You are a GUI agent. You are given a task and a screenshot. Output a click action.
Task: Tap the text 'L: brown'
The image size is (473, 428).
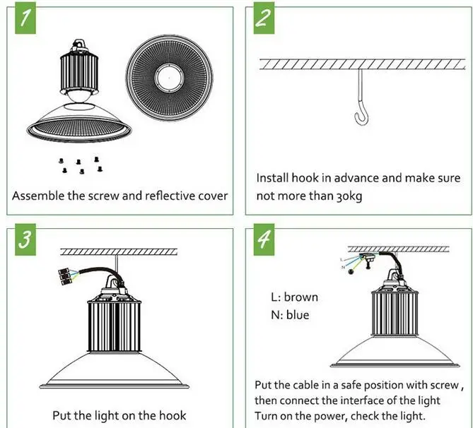click(x=294, y=297)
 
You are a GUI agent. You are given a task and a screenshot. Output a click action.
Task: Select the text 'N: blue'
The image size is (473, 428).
click(x=290, y=315)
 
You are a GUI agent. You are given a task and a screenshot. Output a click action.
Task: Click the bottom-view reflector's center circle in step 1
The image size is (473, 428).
click(x=170, y=76)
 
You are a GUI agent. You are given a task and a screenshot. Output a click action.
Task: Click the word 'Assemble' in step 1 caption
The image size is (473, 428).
click(x=38, y=195)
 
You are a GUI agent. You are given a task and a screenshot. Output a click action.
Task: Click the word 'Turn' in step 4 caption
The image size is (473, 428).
click(x=268, y=416)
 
